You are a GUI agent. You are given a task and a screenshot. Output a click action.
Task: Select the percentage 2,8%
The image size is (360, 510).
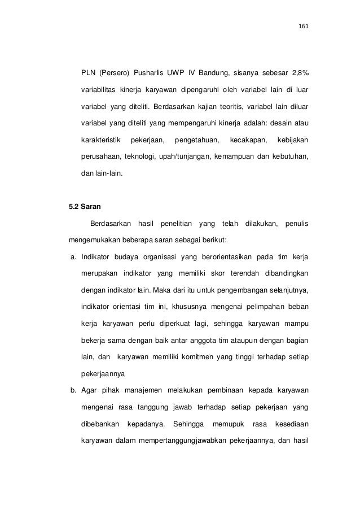coord(298,73)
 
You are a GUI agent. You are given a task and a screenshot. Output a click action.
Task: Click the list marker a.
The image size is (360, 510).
coord(72,258)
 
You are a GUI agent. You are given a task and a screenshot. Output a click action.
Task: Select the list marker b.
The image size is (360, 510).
coord(73,390)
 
